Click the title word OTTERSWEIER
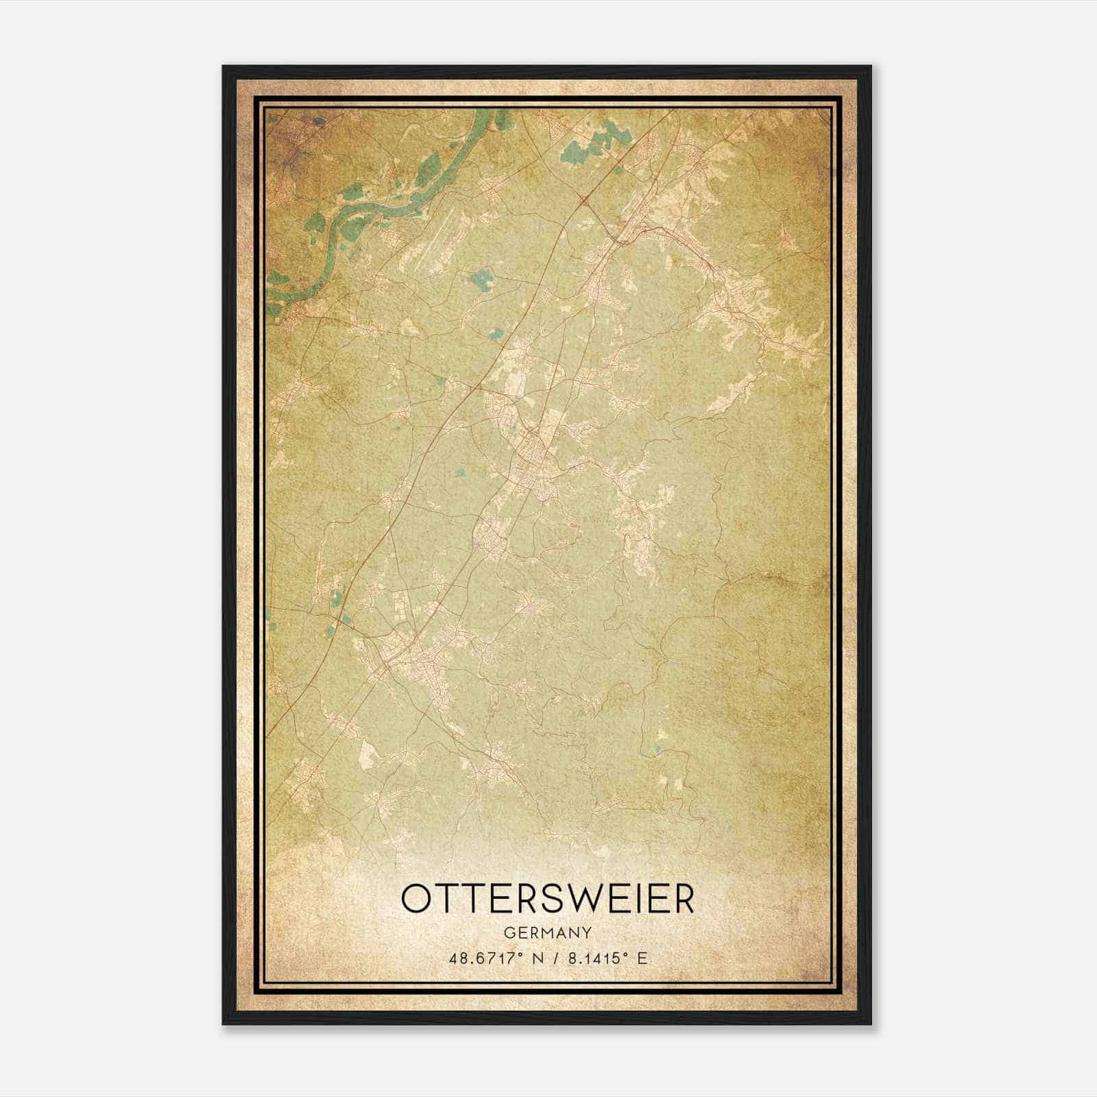pyautogui.click(x=547, y=899)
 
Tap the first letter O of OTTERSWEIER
pyautogui.click(x=417, y=899)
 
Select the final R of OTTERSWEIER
pyautogui.click(x=682, y=899)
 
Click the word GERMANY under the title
pyautogui.click(x=547, y=932)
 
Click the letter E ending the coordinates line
pyautogui.click(x=642, y=959)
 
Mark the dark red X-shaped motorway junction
pyautogui.click(x=584, y=200)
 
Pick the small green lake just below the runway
pyautogui.click(x=481, y=280)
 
